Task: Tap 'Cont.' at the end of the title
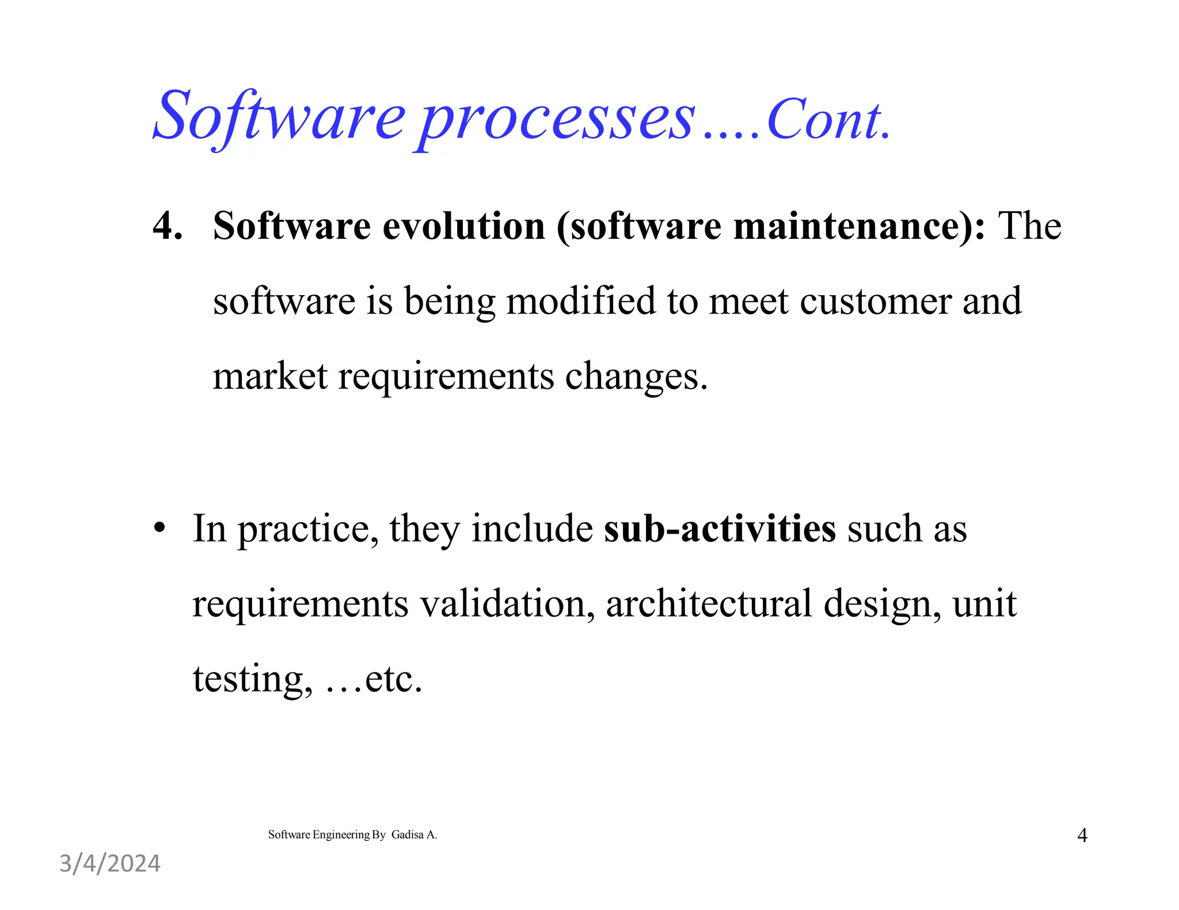click(x=829, y=121)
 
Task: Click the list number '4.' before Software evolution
click(x=168, y=225)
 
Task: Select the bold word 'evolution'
click(x=463, y=225)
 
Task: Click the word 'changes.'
click(x=636, y=377)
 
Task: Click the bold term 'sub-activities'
click(x=720, y=528)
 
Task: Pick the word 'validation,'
click(x=507, y=603)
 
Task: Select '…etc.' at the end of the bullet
click(x=374, y=679)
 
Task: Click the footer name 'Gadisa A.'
click(x=414, y=835)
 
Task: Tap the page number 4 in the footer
click(x=1082, y=835)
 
